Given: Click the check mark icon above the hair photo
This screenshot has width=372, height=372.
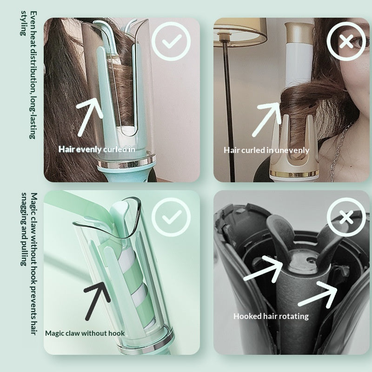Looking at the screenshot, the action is point(171,41).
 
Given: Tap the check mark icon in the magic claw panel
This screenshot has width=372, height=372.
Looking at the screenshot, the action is point(171,217).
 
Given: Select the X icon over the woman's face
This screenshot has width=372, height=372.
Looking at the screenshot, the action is point(346,41).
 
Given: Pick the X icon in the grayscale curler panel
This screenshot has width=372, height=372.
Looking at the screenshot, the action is point(346,217).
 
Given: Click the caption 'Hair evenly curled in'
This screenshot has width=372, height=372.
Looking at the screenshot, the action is point(97,149).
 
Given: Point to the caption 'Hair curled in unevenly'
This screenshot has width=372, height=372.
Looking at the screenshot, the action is point(266,150).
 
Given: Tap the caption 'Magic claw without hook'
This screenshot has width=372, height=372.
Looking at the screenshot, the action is point(85,333).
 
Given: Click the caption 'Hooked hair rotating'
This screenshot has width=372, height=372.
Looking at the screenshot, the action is point(271,316).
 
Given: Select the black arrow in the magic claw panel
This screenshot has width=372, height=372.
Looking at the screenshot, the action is point(97,301).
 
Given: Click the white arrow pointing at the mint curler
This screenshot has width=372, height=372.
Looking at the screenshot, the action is point(90,117).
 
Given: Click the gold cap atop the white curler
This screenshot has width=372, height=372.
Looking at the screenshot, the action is point(299,33).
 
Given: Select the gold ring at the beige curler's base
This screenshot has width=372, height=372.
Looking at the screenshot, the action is point(294,174).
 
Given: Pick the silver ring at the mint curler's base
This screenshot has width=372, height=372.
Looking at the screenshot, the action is point(126,162).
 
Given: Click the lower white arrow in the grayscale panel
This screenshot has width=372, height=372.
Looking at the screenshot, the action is point(318,295).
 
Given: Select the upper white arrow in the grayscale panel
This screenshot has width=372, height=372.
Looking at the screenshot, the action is point(263,269).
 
